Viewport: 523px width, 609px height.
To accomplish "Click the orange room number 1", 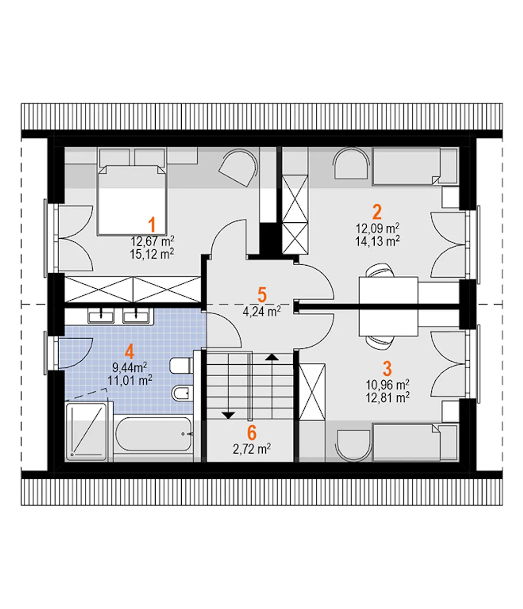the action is coord(152,224).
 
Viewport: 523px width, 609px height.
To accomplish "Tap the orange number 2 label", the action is coord(377,212).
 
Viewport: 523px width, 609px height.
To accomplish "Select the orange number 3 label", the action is coord(387,368).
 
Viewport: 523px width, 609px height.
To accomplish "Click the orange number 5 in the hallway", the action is coord(262,295).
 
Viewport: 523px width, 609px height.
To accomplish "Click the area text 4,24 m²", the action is coord(261,311).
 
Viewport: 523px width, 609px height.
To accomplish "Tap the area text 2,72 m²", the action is coord(252,449).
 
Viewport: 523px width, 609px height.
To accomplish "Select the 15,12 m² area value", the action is coord(152,253).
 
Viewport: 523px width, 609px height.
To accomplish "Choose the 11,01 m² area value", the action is coord(130,380).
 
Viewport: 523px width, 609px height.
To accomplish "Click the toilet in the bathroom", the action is coord(181,366).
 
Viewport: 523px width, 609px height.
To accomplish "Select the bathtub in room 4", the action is coord(153,433).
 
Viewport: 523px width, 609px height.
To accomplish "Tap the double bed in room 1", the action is coord(133,200).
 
